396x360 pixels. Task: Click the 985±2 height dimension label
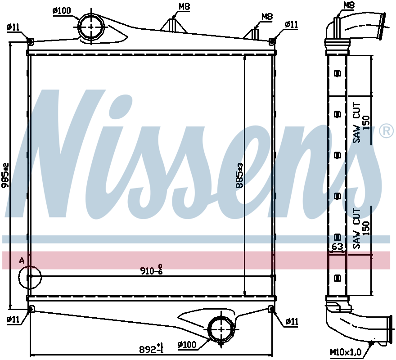[5, 175]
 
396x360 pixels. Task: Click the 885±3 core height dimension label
[239, 175]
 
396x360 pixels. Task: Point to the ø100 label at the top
[62, 11]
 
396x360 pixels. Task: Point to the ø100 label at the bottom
[187, 345]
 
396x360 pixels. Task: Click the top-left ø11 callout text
[13, 27]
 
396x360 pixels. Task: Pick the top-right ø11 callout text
[291, 24]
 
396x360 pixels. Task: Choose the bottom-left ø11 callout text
[13, 319]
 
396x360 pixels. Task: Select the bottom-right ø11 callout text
[292, 322]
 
